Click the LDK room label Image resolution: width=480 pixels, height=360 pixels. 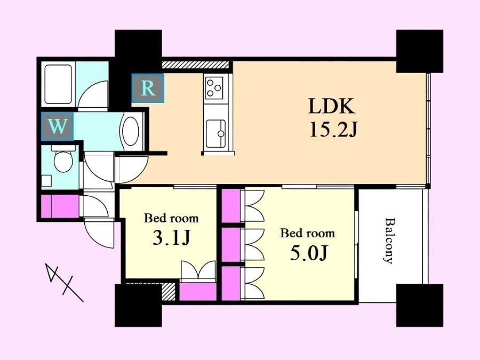coord(332,106)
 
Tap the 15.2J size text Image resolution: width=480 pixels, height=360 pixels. coord(333,130)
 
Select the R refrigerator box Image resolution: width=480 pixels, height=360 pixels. coord(148,88)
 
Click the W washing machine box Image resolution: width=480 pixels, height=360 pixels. coord(57,126)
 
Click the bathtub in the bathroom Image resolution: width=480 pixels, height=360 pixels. coord(58,84)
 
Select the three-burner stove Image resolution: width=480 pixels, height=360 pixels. coord(214,87)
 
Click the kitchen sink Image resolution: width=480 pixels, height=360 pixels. coord(216,133)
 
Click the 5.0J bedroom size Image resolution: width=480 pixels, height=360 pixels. coord(309,254)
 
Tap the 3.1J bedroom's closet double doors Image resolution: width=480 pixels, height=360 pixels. coord(198,270)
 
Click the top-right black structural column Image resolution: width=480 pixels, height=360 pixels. coord(420,51)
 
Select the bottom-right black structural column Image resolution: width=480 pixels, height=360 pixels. coord(420,305)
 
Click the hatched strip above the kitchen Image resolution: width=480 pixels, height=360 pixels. coord(195,65)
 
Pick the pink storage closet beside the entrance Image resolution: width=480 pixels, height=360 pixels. coord(60,206)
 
